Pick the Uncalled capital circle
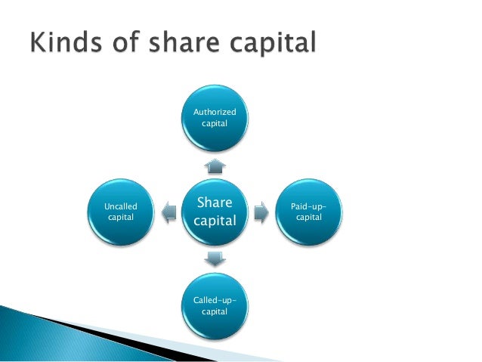coord(119,212)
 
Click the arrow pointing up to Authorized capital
coord(215,166)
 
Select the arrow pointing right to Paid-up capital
coord(261,213)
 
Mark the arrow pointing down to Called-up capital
coord(215,259)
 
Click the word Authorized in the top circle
coord(215,112)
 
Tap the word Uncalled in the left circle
coord(119,206)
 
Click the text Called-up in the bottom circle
coord(215,300)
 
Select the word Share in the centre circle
coord(215,203)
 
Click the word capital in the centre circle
coord(215,221)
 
